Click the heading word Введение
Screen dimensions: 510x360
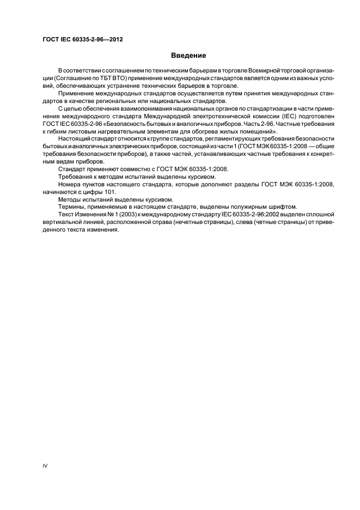(188, 55)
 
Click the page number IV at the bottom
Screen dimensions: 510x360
(45, 466)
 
